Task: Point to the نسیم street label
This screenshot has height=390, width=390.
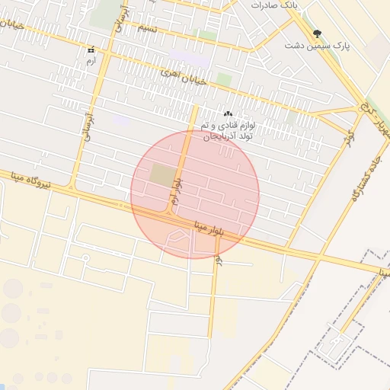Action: [x=147, y=28]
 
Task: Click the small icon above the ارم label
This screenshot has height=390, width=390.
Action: [x=91, y=50]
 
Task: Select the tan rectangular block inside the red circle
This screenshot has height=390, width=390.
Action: [x=161, y=175]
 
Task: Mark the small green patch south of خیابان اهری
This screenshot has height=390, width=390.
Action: [x=223, y=79]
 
